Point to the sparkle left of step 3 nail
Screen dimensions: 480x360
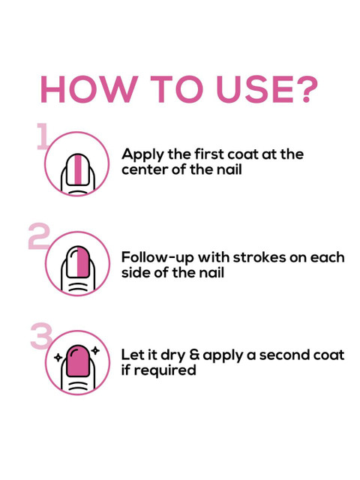[58, 358]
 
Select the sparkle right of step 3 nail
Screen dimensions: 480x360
[95, 350]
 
